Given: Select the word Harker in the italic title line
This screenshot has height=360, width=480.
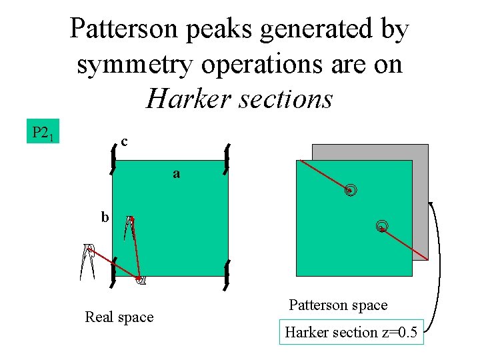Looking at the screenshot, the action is tap(182, 99).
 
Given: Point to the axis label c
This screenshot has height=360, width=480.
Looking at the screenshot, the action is tap(125, 141).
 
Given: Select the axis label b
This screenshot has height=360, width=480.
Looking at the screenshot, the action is tap(105, 217).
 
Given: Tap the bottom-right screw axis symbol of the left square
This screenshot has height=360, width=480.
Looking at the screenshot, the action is tap(227, 275).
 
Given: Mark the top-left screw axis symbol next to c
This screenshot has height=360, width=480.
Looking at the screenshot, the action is tap(113, 159).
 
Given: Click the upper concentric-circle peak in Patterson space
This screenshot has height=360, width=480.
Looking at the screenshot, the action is tap(351, 191).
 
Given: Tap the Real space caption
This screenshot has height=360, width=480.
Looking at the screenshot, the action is tap(119, 317).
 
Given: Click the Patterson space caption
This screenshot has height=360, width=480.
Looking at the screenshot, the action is tap(338, 305).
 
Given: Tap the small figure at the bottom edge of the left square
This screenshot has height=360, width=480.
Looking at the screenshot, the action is tap(140, 279).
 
